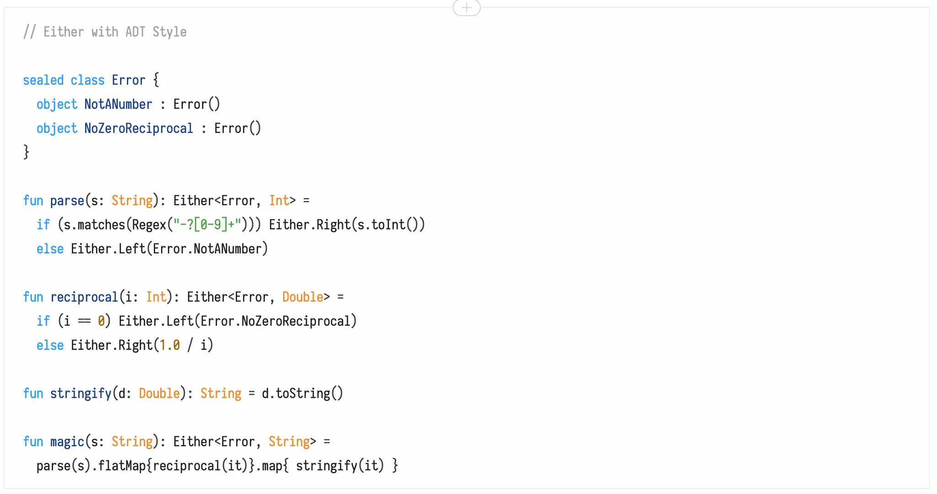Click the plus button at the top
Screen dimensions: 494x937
click(x=466, y=8)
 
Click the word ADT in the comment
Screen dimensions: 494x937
click(x=135, y=32)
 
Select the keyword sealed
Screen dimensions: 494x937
click(x=43, y=81)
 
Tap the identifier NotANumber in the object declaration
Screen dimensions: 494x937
click(x=118, y=104)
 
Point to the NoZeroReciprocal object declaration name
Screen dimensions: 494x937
click(x=139, y=129)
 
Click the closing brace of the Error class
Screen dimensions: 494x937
click(x=27, y=152)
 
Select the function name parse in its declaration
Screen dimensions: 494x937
click(x=67, y=201)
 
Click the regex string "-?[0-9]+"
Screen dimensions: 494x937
click(x=207, y=225)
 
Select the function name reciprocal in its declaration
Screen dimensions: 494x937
click(x=84, y=297)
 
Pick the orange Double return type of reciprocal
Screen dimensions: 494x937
click(x=302, y=297)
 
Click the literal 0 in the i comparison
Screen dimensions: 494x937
click(x=101, y=321)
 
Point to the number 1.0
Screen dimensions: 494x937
click(x=169, y=345)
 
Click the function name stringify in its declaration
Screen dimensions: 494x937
click(x=81, y=393)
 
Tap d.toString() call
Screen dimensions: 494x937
click(x=302, y=393)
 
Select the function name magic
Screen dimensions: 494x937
click(x=67, y=442)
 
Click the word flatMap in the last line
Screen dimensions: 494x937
click(x=122, y=466)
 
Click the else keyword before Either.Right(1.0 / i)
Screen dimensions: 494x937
click(x=50, y=345)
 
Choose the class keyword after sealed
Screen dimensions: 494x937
click(x=87, y=81)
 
